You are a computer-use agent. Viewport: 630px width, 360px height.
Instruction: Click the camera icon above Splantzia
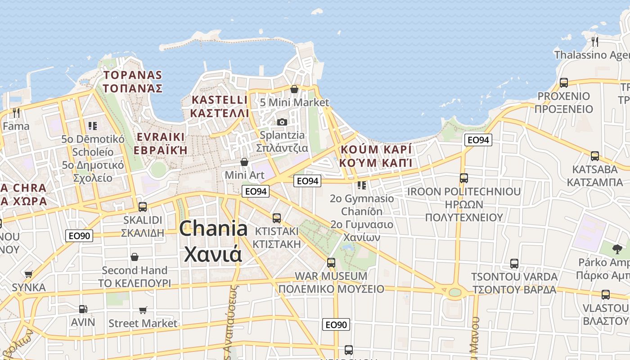point(282,122)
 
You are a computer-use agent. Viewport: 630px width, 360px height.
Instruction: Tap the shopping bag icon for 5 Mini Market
point(294,89)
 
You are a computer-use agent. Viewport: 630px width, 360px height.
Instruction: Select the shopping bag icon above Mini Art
point(244,162)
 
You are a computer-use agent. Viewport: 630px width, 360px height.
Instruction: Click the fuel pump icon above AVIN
point(83,309)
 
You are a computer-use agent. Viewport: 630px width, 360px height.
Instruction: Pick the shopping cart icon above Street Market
point(143,310)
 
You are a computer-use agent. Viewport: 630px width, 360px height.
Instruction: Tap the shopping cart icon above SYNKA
point(29,274)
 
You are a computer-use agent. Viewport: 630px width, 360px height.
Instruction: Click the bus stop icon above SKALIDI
point(143,207)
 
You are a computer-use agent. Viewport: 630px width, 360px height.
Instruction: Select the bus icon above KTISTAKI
point(277,218)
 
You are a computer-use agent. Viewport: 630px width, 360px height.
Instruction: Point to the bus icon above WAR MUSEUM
point(331,262)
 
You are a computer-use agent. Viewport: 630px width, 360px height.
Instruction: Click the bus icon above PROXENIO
point(564,83)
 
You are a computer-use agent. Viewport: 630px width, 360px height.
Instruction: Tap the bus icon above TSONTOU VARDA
point(514,264)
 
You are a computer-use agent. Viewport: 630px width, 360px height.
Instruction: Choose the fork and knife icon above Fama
point(16,112)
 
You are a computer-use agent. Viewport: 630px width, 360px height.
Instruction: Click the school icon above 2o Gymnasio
point(362,185)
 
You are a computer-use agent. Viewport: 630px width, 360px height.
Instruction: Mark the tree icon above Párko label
point(617,248)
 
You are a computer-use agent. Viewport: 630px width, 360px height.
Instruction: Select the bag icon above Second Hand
point(135,257)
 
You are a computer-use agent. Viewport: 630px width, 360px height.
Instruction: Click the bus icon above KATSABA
point(595,156)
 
